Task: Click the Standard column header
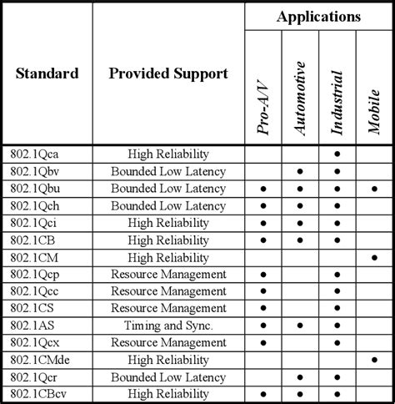[x=47, y=73]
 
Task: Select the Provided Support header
[x=168, y=73]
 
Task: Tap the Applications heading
[x=319, y=17]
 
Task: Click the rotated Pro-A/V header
[x=263, y=92]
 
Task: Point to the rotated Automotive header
[x=300, y=92]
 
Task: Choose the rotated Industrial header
[x=337, y=92]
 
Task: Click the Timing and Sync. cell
[x=168, y=326]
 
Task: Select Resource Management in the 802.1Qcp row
[x=168, y=274]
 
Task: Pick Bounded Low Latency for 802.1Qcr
[x=168, y=376]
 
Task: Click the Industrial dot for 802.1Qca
[x=337, y=154]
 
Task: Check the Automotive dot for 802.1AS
[x=300, y=326]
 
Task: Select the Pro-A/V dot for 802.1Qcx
[x=263, y=342]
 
